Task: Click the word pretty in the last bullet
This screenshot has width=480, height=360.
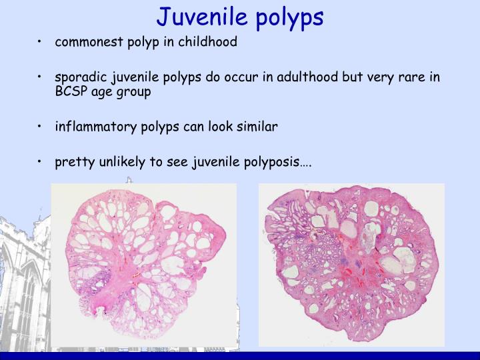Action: tap(73, 162)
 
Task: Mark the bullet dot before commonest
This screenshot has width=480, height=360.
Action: tap(41, 43)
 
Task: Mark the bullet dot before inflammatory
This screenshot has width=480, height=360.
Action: tap(41, 127)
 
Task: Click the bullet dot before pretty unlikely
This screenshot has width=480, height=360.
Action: tap(41, 162)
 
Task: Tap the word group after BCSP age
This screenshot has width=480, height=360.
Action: tap(133, 92)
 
